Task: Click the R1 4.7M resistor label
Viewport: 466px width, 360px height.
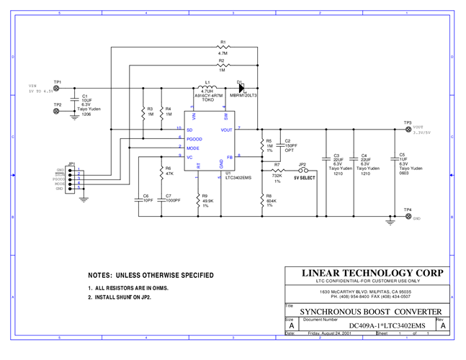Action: click(x=223, y=48)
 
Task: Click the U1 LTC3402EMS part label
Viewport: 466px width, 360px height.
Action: click(x=238, y=177)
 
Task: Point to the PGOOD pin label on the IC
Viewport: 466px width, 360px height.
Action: click(x=194, y=138)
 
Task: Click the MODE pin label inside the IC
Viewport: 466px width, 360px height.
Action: click(x=193, y=148)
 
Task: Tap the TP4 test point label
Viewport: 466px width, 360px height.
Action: click(x=408, y=210)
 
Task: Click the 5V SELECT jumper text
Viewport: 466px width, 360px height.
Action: click(x=304, y=177)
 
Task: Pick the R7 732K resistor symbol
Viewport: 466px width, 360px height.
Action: click(x=277, y=169)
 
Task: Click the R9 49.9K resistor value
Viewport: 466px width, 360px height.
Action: click(x=205, y=201)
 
